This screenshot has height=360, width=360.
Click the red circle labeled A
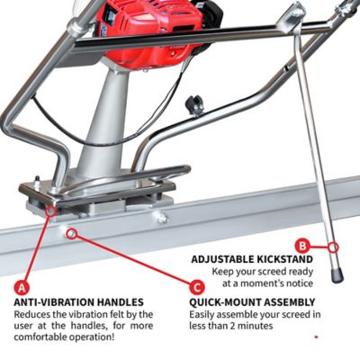tap(21, 287)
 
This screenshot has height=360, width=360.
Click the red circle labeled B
tap(303, 244)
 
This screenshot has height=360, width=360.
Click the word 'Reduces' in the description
tap(33, 314)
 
